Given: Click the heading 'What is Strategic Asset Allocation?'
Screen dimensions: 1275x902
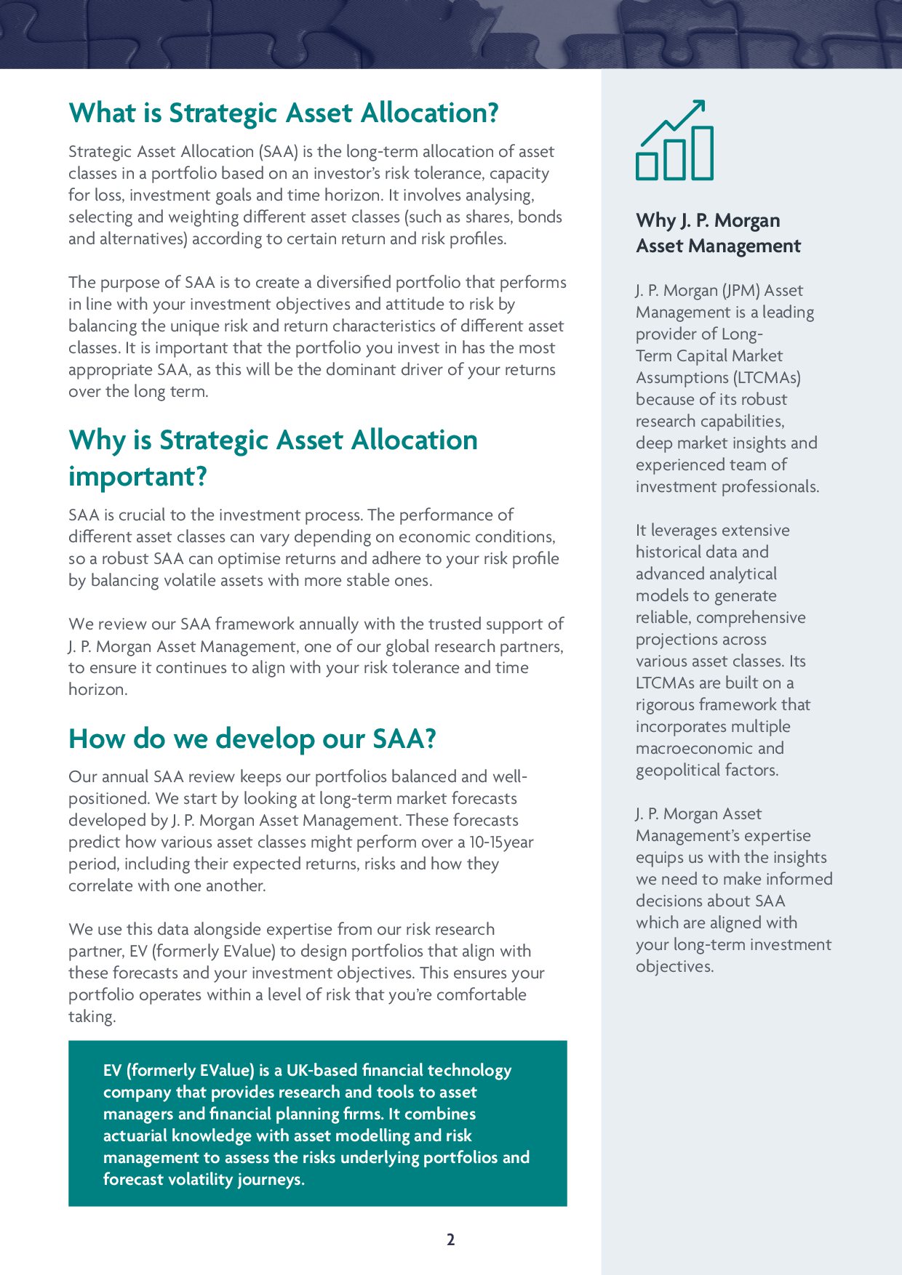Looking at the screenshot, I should (x=284, y=113).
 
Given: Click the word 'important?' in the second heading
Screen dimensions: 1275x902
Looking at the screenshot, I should (x=138, y=477).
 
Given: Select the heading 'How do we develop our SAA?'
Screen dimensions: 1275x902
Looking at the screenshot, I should (x=252, y=739).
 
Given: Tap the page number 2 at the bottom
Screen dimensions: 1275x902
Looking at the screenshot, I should (x=450, y=1239).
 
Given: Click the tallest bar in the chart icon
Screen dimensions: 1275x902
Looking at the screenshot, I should (x=702, y=153).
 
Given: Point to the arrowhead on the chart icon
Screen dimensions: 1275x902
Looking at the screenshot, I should (x=699, y=106).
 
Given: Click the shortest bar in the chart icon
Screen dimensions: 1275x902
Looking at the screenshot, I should (x=647, y=166).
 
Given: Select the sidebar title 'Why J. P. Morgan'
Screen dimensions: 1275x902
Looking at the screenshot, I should (x=708, y=220).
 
